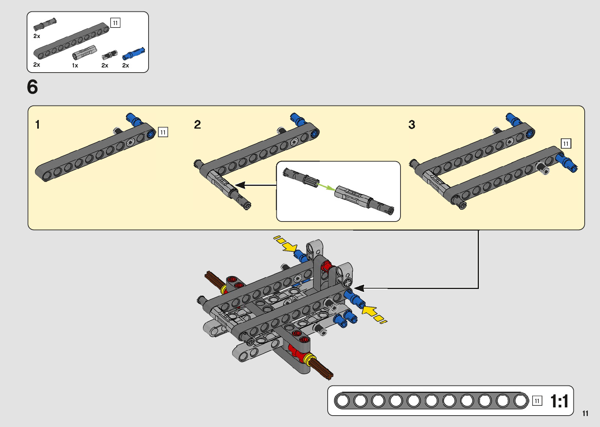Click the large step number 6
coord(33,87)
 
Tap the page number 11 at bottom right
coord(585,413)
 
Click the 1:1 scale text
coord(559,401)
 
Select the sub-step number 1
coord(37,125)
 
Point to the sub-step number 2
coord(198,125)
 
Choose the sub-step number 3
coord(411,125)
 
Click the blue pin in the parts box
coord(134,53)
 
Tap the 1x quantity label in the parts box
coord(75,65)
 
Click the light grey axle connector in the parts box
coord(85,53)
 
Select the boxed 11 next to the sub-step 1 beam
coord(163,132)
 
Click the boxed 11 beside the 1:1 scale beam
coord(537,401)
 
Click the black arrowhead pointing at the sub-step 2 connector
coord(240,185)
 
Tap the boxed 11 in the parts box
coord(115,23)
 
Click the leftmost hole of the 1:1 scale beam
coord(343,401)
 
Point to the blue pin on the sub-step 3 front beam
coord(568,163)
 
